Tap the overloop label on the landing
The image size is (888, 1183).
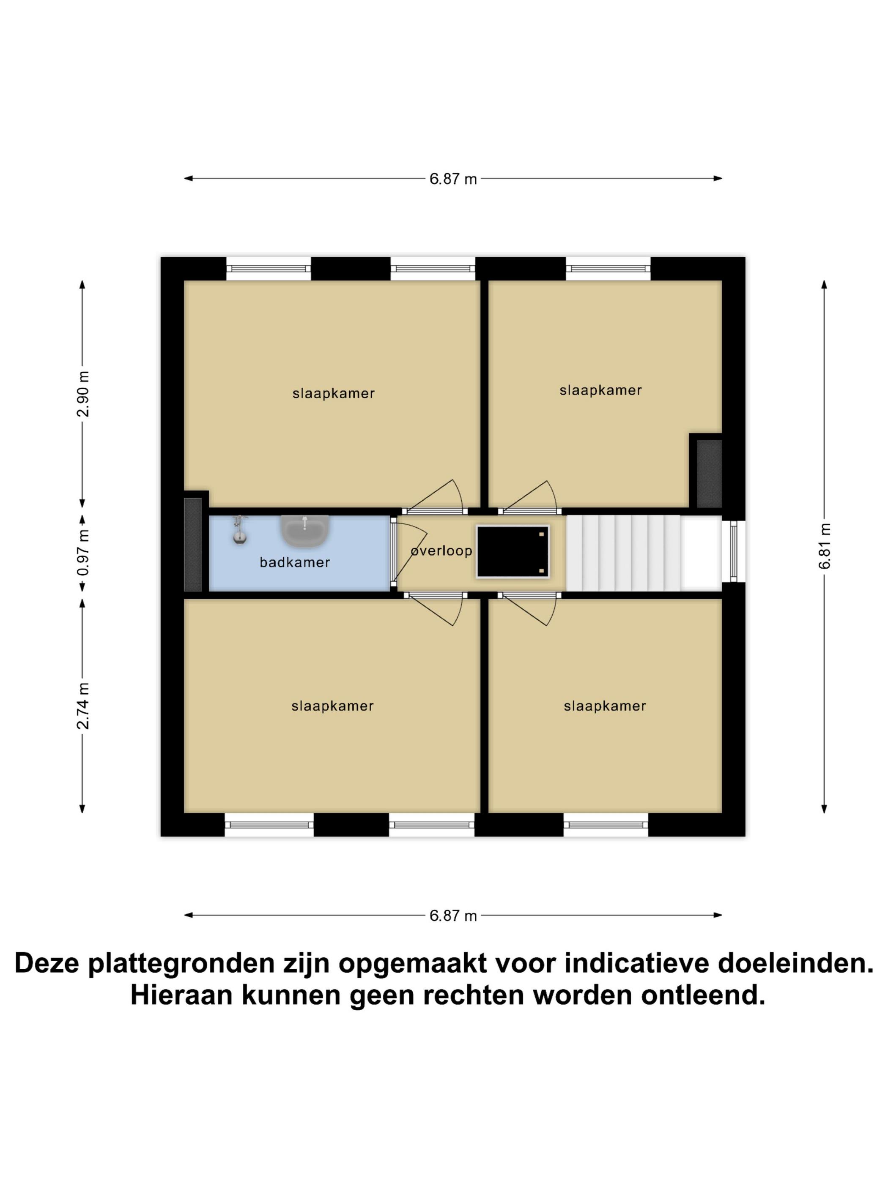(x=441, y=551)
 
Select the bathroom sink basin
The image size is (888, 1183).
(x=304, y=532)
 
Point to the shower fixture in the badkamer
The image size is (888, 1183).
(x=240, y=529)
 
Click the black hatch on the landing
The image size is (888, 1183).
(x=512, y=552)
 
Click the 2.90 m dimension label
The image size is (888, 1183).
(x=82, y=394)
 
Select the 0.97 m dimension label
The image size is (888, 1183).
(x=82, y=553)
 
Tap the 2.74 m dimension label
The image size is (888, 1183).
(x=82, y=706)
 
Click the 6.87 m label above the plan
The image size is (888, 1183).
(x=453, y=179)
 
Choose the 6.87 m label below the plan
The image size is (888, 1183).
(x=453, y=916)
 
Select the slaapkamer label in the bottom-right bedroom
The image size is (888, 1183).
(x=605, y=706)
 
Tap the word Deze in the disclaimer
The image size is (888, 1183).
(x=47, y=963)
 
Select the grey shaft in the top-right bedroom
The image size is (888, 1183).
(x=709, y=474)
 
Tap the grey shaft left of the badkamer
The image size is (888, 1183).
(x=193, y=545)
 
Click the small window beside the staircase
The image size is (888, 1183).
(x=733, y=551)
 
